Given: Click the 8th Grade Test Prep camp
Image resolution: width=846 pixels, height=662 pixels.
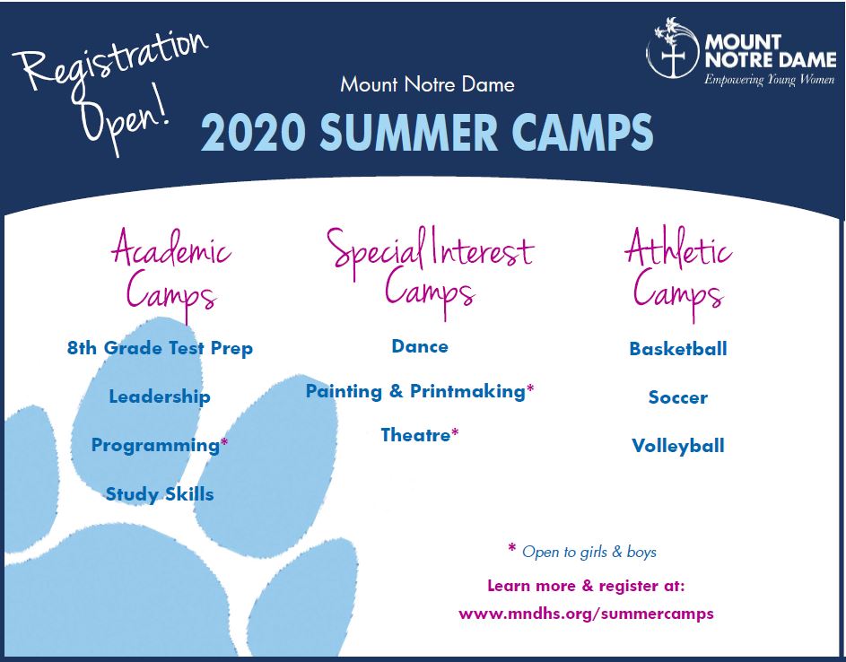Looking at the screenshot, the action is pos(160,348).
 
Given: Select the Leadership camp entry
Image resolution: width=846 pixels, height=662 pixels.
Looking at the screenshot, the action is pos(160,396).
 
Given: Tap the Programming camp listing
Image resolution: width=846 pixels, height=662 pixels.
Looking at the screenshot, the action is pos(155,446).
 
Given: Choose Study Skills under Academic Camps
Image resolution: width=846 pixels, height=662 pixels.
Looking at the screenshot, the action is pos(160,493).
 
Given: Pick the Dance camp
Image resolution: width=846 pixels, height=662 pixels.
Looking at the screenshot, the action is pos(420,346).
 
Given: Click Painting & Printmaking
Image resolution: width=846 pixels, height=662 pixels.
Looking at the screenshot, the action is pos(415,391).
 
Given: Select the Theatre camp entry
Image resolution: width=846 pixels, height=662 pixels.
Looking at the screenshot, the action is pos(415,435).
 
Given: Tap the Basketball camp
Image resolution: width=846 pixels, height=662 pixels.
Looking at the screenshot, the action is pos(678,349).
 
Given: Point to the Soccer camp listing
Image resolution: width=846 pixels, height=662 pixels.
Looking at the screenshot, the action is pos(677,397).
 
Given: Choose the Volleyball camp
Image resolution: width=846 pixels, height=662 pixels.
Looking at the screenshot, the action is pos(678,446).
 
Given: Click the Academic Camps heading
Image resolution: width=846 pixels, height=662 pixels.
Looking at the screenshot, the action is pos(171,274).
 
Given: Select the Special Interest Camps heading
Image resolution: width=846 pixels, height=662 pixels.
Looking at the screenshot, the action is pos(430,273).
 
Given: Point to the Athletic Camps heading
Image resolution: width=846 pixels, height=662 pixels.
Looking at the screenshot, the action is pos(678,273).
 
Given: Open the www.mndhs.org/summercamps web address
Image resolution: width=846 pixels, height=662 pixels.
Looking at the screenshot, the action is pos(586,614).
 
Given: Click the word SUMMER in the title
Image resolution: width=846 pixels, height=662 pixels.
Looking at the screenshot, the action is pos(408,133).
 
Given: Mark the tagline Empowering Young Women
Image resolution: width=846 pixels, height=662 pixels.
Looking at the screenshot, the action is pos(770,80).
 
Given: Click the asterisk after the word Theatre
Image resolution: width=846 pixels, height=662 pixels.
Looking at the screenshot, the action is pos(456,432).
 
